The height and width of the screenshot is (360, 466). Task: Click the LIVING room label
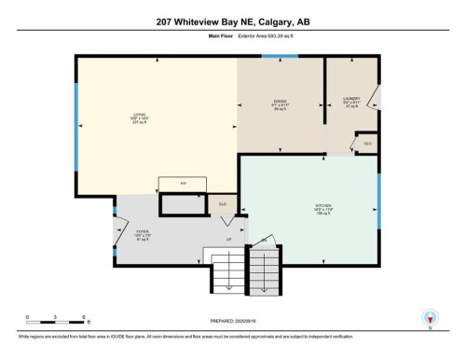(139, 118)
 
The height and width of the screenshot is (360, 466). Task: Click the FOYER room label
(143, 233)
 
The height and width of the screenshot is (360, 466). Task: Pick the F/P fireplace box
(173, 185)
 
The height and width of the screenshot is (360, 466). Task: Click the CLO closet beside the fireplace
(223, 203)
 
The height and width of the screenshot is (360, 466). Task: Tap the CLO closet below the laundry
(367, 143)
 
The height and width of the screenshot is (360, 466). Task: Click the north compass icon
(429, 317)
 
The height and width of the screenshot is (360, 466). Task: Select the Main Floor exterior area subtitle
(232, 38)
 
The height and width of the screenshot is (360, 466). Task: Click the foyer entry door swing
(121, 228)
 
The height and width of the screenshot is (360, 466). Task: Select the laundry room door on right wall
(374, 96)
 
